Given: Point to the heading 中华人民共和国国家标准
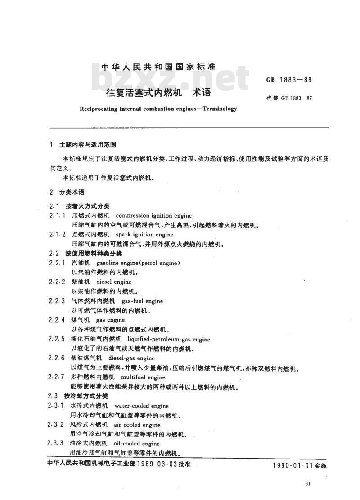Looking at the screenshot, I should click(x=158, y=67).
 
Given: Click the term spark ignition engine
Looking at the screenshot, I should click(x=144, y=235).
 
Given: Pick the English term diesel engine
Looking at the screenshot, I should click(x=114, y=282).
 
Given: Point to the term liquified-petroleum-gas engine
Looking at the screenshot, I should click(x=169, y=339).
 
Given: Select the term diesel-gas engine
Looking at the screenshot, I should click(x=131, y=358).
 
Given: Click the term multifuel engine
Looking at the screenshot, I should click(x=144, y=377).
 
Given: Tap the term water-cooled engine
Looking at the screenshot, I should click(x=142, y=406).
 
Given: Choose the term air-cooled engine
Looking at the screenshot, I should click(x=137, y=425).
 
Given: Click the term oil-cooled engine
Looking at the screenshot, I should click(x=137, y=444).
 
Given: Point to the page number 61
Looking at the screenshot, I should click(x=308, y=484).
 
